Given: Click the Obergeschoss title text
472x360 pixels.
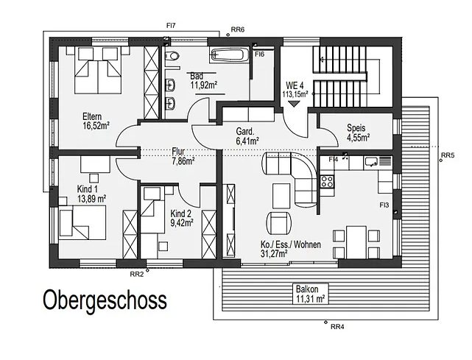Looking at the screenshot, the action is click(105, 300).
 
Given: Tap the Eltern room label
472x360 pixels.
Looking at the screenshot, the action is click(92, 116).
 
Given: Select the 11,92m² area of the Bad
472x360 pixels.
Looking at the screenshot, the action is click(204, 85).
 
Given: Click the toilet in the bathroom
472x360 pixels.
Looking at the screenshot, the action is click(173, 55).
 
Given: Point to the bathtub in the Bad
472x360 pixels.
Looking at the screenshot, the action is click(228, 54).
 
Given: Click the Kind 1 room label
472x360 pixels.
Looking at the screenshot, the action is click(88, 189).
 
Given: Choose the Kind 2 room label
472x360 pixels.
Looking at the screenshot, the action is click(180, 213).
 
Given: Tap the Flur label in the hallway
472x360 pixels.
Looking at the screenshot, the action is click(178, 151).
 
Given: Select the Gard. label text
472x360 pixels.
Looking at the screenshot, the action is click(245, 131).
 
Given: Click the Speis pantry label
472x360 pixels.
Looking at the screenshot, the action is click(356, 128).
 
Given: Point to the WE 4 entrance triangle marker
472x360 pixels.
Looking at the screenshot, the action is click(294, 104).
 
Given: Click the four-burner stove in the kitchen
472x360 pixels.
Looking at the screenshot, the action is click(327, 182).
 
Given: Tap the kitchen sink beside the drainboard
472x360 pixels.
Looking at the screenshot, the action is click(372, 162).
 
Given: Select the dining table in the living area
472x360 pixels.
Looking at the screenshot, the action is click(356, 242).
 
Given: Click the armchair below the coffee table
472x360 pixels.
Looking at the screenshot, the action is click(279, 223).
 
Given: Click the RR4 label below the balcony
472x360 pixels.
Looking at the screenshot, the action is click(337, 327).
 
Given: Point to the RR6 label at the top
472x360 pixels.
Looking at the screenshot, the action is click(238, 29).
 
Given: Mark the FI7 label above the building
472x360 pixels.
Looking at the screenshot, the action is click(171, 26).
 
